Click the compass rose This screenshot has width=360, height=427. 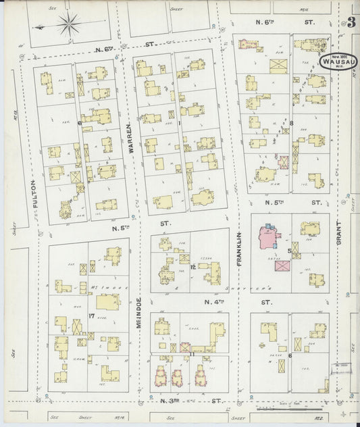pyautogui.click(x=68, y=26)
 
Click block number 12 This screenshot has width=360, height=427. pyautogui.click(x=193, y=267)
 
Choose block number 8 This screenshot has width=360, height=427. pyautogui.click(x=291, y=123)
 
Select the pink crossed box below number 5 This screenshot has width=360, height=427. pyautogui.click(x=282, y=266)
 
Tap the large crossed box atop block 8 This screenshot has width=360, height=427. pyautogui.click(x=278, y=66)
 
